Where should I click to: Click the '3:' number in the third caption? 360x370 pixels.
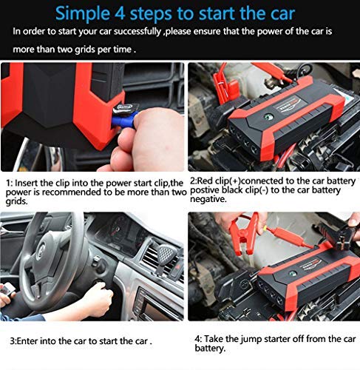[x=14, y=342]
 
